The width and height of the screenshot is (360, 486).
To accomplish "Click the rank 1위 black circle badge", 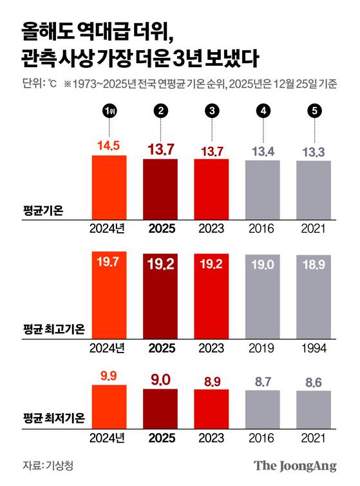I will click(109, 112).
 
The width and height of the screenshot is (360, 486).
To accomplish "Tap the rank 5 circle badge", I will click(314, 112).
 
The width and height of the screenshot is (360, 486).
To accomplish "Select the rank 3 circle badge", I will click(211, 112).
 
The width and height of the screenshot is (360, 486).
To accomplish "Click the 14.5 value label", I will click(109, 147).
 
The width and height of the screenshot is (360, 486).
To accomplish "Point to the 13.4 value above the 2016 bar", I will click(263, 151).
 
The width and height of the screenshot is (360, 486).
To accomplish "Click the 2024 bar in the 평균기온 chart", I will click(109, 187).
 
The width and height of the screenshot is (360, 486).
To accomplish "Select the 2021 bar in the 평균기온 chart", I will click(314, 190).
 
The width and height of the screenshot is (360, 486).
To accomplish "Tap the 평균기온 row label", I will click(43, 209).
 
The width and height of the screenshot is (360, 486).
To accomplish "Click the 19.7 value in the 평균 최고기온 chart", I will click(109, 261).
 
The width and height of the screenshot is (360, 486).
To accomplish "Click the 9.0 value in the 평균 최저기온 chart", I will click(160, 380).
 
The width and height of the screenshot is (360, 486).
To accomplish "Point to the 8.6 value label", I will click(314, 382).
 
